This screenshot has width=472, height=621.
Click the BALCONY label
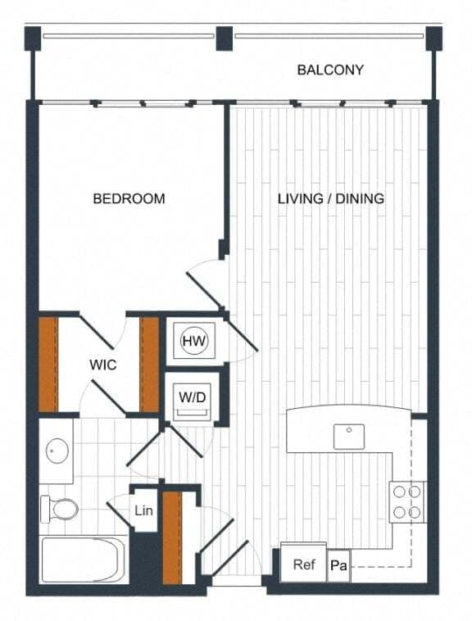tap(330, 70)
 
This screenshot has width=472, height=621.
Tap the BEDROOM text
tap(129, 198)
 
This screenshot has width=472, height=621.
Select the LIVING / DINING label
tap(330, 198)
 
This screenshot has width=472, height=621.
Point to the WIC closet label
tap(102, 365)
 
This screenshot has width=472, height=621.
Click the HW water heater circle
tap(194, 340)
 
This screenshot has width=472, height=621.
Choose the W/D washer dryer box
tap(194, 397)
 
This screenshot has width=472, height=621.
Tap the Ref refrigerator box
tap(304, 564)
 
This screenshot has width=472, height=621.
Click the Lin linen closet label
tap(144, 511)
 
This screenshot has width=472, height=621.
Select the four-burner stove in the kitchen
tap(407, 501)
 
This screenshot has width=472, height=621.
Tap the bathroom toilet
tap(61, 510)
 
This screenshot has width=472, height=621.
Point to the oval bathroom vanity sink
tap(57, 450)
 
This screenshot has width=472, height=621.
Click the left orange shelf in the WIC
tap(49, 364)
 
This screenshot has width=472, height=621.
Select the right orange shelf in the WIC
tap(149, 364)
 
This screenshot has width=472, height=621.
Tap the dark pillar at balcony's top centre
tap(223, 37)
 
